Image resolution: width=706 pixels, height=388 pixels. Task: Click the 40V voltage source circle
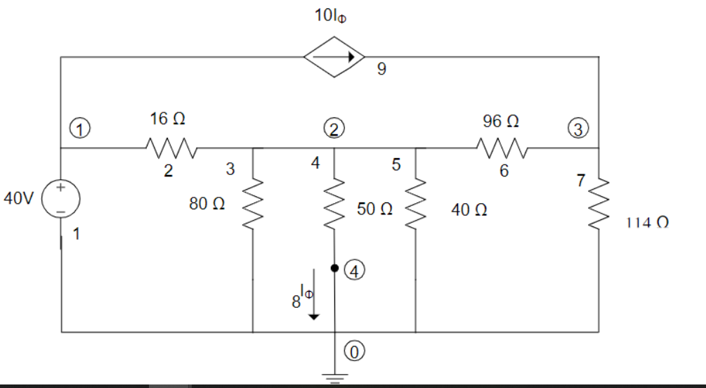point(61,198)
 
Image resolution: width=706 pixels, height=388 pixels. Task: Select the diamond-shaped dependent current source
point(334,56)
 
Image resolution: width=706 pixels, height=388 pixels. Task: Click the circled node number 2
point(333,129)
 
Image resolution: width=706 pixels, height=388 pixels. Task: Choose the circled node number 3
point(579,129)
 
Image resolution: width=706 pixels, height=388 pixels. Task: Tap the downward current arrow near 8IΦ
point(314,302)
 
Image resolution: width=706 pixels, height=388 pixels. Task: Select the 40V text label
point(18,199)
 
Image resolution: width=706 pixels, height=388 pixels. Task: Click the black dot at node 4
point(335,269)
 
